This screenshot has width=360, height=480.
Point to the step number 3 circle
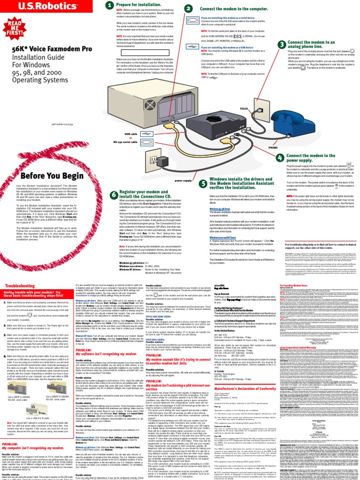coord(281,44)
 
